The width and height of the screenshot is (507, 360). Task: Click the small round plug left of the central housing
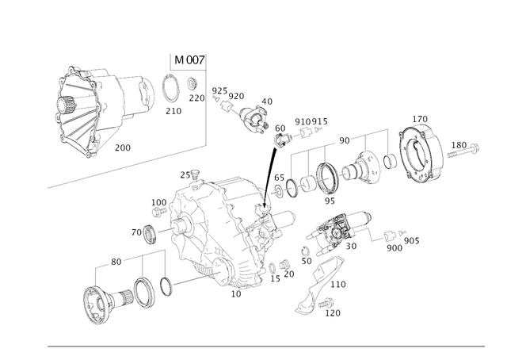pyautogui.click(x=145, y=234)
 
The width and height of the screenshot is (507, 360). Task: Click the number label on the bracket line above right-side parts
pyautogui.click(x=342, y=139)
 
